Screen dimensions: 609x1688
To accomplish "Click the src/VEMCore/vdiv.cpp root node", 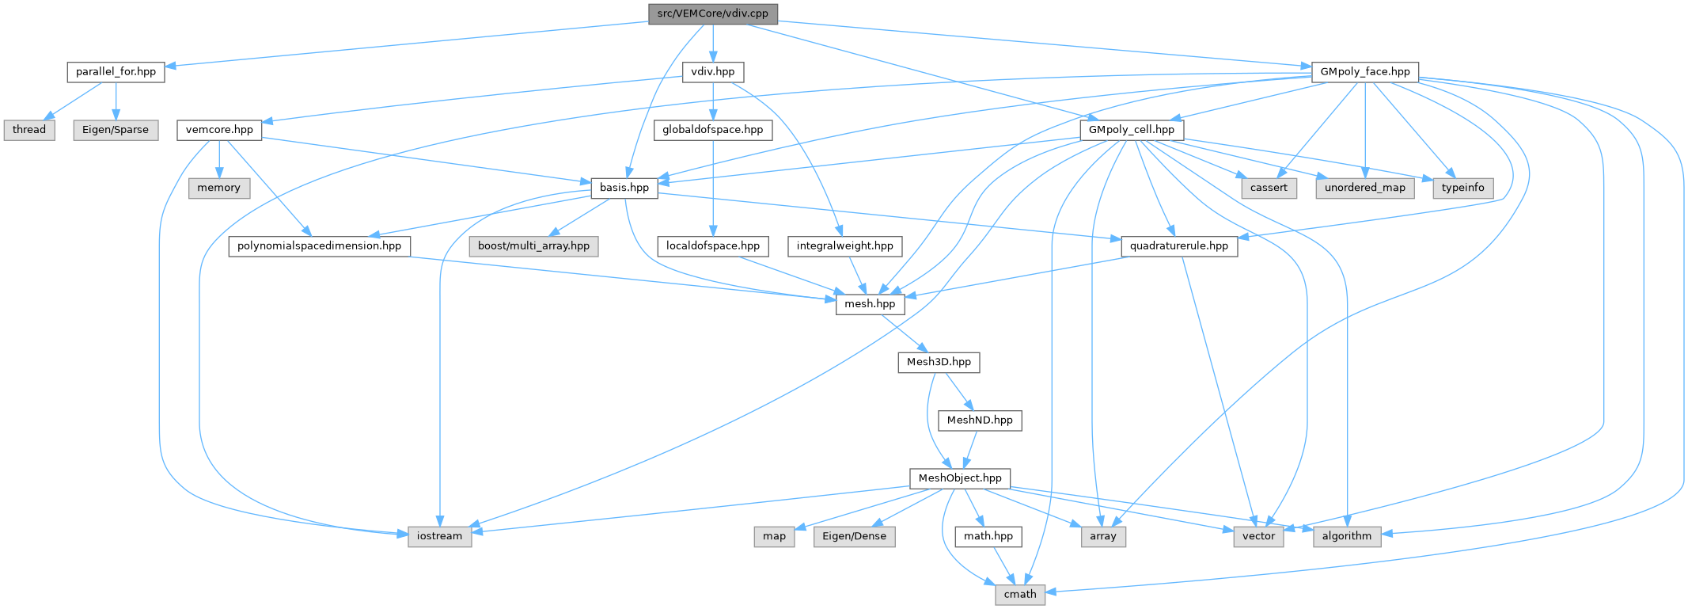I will point(712,14).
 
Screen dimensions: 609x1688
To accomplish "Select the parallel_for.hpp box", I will point(116,72).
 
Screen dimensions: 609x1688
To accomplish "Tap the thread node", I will point(29,130).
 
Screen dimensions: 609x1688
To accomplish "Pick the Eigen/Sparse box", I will point(116,130).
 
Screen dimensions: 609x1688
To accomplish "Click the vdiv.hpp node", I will point(712,72).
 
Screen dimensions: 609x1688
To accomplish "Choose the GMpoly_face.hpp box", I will point(1364,72).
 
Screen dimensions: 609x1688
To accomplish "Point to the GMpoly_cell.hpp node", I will point(1131,130).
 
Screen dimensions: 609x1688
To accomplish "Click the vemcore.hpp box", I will point(219,130).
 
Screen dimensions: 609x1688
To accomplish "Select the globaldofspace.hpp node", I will point(712,130).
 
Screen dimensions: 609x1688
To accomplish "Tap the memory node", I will point(218,188).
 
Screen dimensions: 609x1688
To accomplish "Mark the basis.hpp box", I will point(624,188).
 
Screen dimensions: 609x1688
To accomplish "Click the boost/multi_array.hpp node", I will point(533,246).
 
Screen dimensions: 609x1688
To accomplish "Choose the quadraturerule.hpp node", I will point(1178,246).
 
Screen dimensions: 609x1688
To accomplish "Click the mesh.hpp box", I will point(870,304).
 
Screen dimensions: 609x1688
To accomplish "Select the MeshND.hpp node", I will point(980,421).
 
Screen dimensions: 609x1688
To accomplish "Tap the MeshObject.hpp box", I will point(960,478).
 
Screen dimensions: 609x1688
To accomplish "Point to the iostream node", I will point(439,536).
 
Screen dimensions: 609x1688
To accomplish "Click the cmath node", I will point(1020,594).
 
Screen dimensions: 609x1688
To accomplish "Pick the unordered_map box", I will point(1365,188).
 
